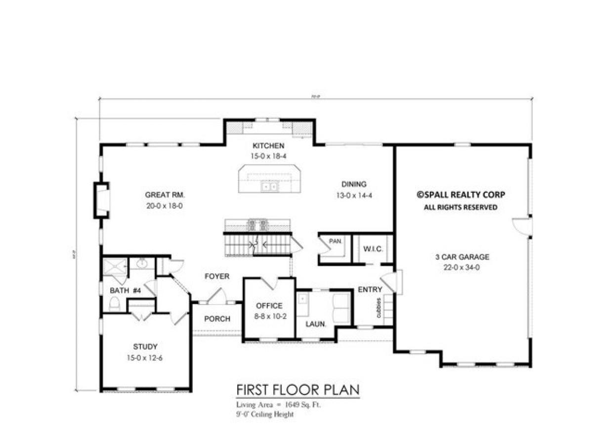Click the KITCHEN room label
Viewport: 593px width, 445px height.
[x=268, y=146]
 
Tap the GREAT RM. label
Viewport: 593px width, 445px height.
[x=165, y=194]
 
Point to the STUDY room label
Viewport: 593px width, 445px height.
[x=145, y=347]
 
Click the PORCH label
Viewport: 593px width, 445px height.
[x=217, y=319]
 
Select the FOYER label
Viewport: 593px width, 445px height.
[x=217, y=276]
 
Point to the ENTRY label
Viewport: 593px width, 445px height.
[x=370, y=290]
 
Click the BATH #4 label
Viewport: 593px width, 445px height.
[x=125, y=291]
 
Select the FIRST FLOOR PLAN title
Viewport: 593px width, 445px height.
[x=297, y=390]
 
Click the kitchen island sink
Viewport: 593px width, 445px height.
[x=270, y=187]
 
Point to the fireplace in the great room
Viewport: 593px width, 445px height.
[x=102, y=200]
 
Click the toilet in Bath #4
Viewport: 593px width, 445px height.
[x=115, y=305]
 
